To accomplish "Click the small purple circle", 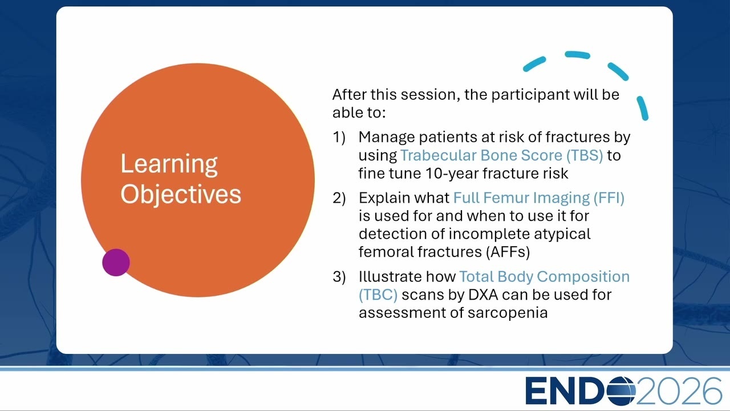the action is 116,263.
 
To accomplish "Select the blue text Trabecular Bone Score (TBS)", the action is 501,155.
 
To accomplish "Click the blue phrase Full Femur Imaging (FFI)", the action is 539,198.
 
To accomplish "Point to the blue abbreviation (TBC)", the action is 378,295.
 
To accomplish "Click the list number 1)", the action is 339,138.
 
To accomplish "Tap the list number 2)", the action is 339,198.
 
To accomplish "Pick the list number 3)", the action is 339,277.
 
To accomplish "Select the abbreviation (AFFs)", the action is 508,252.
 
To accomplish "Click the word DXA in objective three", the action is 483,295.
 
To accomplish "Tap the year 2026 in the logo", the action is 679,391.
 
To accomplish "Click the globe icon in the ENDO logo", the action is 621,391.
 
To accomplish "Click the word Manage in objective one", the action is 387,138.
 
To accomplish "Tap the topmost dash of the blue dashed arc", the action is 578,54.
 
